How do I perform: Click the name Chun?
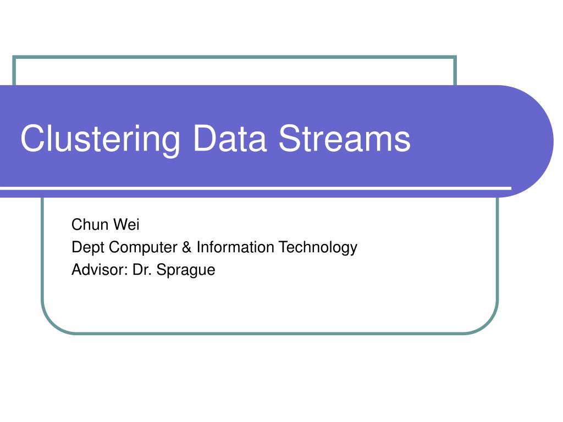click(x=90, y=225)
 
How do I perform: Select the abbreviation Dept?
click(x=88, y=248)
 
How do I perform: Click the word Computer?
click(x=142, y=248)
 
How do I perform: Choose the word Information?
click(x=235, y=247)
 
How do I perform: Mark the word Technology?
click(x=318, y=248)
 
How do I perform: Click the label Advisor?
click(x=100, y=270)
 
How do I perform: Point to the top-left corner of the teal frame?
click(x=14, y=57)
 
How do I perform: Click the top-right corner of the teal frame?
click(x=455, y=57)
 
